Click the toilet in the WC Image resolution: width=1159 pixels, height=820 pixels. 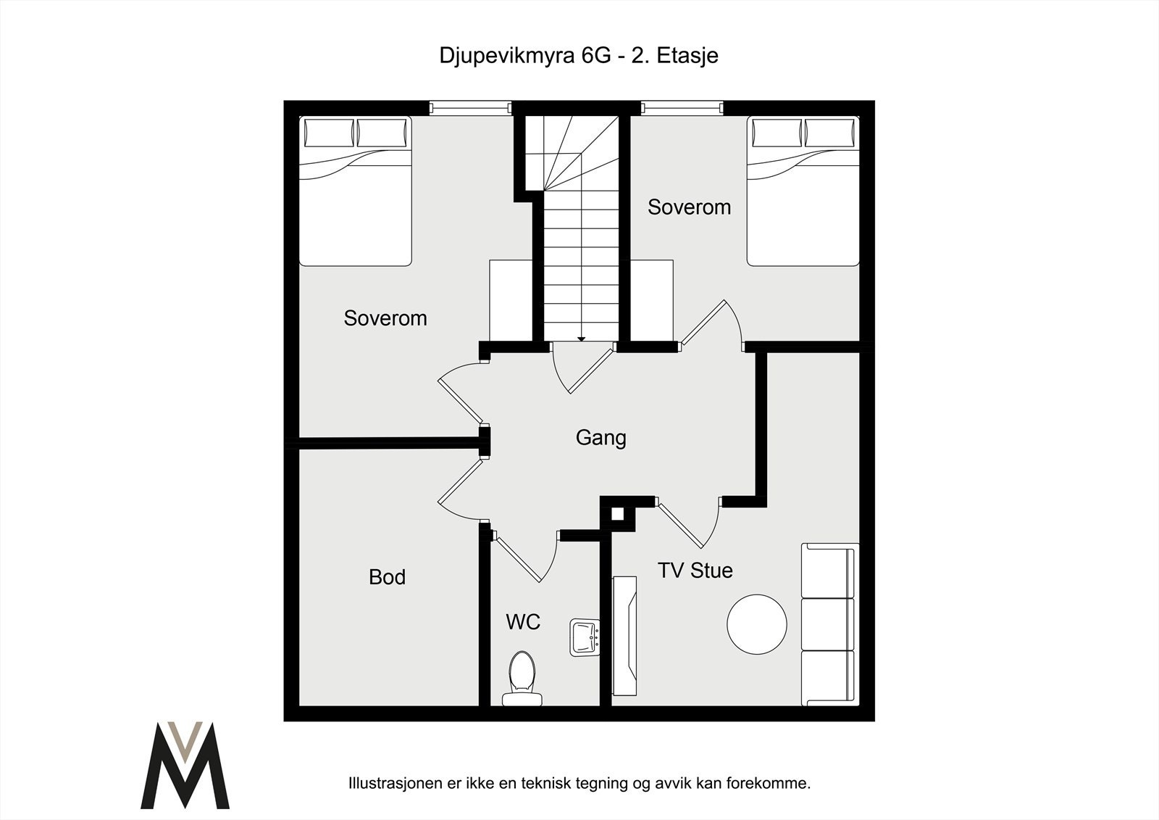pos(522,678)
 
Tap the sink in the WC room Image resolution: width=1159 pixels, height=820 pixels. pos(584,637)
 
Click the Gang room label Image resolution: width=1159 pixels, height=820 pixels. pos(601,438)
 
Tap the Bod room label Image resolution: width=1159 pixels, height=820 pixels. pos(387,577)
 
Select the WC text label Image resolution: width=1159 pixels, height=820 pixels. pos(522,622)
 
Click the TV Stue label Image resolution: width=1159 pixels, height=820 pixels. pos(695,571)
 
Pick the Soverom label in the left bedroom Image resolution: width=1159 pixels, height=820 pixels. pos(385,318)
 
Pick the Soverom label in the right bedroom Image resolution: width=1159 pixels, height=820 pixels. pos(689,207)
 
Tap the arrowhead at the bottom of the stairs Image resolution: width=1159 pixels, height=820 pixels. pos(581,338)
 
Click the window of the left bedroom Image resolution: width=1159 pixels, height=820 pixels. pos(470,108)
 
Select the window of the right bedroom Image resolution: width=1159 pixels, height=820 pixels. pos(682,108)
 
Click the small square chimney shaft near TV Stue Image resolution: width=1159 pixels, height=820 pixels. pos(617,513)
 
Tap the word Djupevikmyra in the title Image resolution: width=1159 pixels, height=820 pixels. pos(507,56)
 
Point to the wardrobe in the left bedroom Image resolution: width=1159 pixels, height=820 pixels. pos(511,299)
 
